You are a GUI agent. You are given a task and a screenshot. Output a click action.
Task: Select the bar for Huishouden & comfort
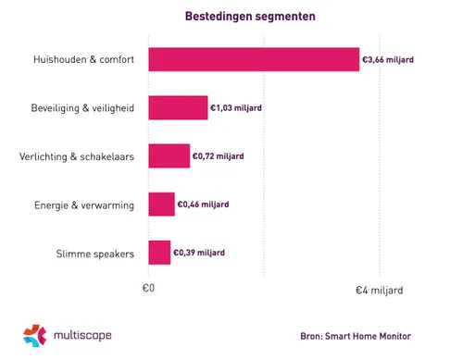254,59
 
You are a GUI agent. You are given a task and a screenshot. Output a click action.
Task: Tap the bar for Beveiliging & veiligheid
178,107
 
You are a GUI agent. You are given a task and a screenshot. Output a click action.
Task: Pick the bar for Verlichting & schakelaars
169,155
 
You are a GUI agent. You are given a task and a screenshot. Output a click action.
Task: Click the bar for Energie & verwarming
161,204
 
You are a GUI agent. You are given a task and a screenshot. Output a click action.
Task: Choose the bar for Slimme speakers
159,252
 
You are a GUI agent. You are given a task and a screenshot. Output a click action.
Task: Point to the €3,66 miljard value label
389,59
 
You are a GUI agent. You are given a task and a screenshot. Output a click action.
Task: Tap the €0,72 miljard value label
219,155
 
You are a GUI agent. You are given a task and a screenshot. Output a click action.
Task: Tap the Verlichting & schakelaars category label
76,155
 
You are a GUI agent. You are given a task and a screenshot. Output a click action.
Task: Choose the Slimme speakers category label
94,252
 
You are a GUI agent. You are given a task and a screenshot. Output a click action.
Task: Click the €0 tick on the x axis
148,290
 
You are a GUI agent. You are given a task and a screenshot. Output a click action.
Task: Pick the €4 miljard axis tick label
381,290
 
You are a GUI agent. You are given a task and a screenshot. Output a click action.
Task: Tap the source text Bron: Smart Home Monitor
356,336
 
